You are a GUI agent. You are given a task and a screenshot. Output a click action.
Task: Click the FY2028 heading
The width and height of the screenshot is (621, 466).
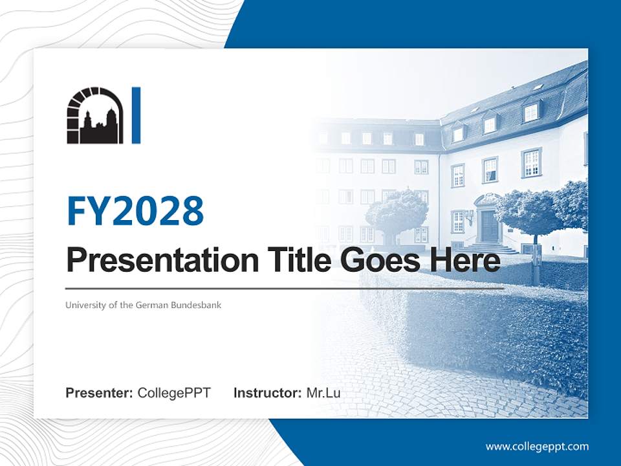tap(135, 211)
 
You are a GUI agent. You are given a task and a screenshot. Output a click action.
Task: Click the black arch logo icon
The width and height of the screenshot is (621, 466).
tap(94, 116)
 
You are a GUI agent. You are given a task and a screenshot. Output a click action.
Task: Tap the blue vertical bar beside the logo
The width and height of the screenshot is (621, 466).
tap(136, 115)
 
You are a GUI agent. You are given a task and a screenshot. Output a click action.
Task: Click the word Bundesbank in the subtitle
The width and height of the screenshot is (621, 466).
tap(196, 305)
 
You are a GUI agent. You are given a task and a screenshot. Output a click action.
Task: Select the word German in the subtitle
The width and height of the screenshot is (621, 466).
tap(153, 305)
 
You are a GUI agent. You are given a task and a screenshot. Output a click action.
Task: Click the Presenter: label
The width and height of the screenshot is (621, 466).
tap(100, 393)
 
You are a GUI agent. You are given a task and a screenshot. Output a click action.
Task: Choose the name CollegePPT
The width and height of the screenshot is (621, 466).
tap(174, 393)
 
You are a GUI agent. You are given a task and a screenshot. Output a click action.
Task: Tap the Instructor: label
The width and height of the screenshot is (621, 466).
tap(267, 393)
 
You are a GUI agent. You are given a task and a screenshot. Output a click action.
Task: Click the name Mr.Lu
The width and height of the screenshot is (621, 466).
tap(323, 393)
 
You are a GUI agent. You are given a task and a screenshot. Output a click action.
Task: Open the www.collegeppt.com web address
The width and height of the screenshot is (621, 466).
tap(537, 447)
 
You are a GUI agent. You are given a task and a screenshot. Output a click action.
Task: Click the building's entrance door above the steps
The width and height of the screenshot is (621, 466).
tap(489, 227)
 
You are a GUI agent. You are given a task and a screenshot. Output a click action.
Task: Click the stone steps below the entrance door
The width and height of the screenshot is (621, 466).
tap(492, 248)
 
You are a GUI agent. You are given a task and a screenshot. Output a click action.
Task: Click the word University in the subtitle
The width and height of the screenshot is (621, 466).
tap(84, 305)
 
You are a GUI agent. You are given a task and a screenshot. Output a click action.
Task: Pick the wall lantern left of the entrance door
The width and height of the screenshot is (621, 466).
tap(470, 217)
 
